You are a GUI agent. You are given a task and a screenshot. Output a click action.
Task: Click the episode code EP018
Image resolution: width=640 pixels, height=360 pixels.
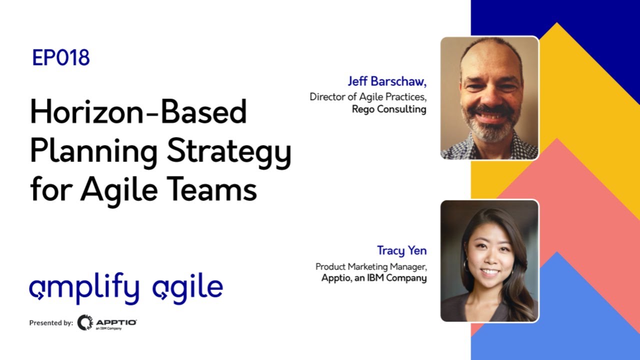(x=60, y=58)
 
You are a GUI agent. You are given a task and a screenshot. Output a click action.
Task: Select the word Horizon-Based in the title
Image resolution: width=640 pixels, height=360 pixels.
(x=138, y=111)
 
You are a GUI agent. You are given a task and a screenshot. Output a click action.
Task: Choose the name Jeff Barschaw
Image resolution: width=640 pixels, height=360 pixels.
(x=387, y=81)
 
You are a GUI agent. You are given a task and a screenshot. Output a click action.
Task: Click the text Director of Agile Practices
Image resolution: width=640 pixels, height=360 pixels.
(x=367, y=96)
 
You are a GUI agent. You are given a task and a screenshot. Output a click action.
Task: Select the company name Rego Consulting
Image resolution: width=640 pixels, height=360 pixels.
(x=388, y=109)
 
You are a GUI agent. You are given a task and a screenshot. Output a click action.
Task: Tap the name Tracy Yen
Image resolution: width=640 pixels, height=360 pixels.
(x=401, y=250)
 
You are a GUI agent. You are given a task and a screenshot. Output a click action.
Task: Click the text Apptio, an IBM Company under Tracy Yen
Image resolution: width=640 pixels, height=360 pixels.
(x=373, y=278)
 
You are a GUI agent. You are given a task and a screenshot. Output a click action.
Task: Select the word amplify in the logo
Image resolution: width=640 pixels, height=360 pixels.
(x=84, y=289)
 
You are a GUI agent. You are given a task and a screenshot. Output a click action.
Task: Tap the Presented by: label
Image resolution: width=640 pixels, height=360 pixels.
(x=51, y=323)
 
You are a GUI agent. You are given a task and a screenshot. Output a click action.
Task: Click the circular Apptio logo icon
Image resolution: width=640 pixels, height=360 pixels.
(x=85, y=322)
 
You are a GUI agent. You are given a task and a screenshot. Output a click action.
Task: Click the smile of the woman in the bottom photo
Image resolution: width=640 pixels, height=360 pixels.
(x=489, y=272)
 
